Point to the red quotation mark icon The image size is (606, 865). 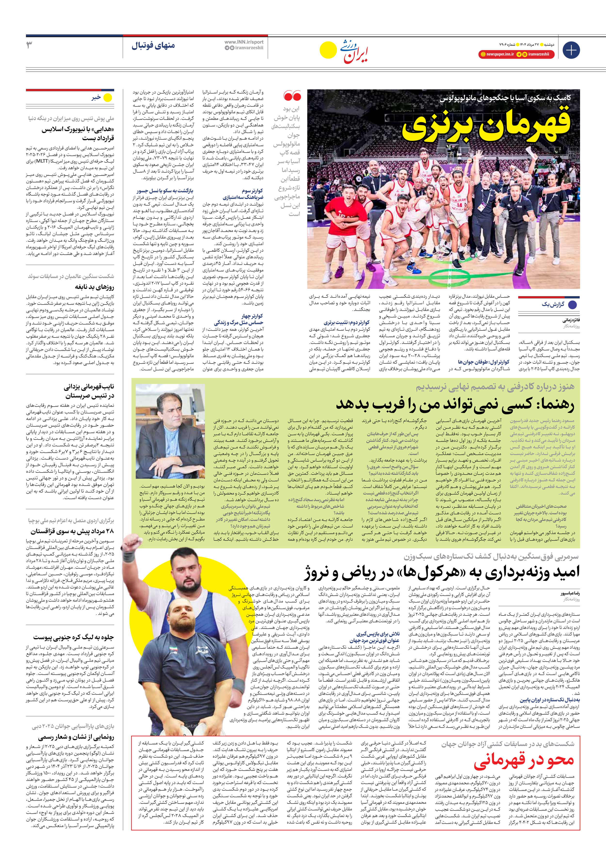pyautogui.click(x=292, y=96)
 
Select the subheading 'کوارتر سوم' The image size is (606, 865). pyautogui.click(x=252, y=191)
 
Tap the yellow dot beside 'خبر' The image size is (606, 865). pyautogui.click(x=108, y=98)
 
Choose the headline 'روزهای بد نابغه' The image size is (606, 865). pyautogui.click(x=94, y=287)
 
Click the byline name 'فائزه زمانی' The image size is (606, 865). pyautogui.click(x=571, y=321)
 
